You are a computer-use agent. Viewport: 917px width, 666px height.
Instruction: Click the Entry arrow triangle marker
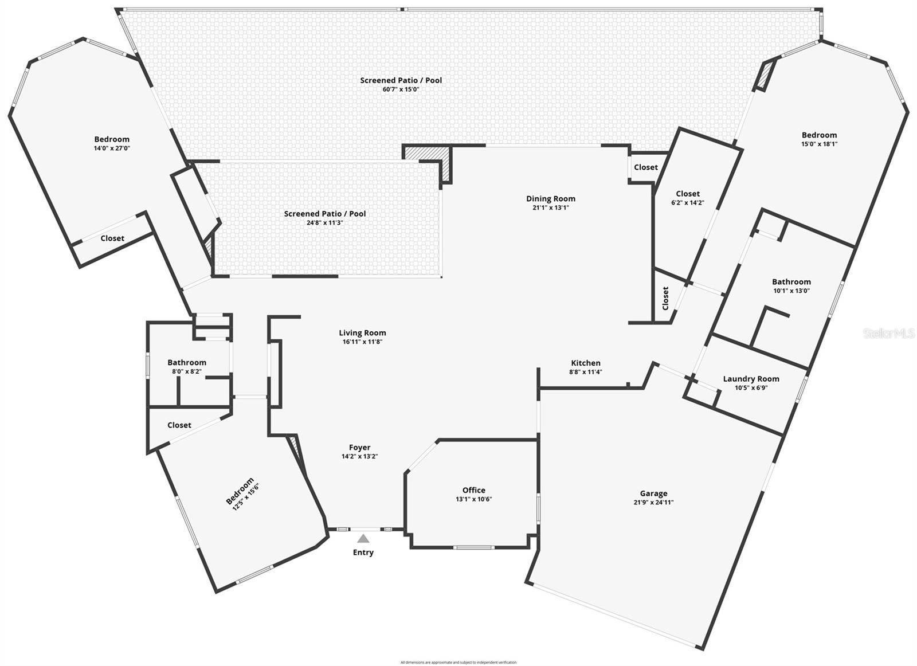tap(363, 538)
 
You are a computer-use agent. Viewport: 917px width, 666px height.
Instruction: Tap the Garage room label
tap(653, 493)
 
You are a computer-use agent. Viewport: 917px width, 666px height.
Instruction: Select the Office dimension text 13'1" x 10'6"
tap(473, 499)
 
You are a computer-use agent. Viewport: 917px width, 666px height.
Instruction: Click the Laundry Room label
tap(751, 379)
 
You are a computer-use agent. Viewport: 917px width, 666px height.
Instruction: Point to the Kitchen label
tap(586, 363)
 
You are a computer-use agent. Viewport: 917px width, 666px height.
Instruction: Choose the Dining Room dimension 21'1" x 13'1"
tap(550, 208)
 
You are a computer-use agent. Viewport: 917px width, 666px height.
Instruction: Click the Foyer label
tap(359, 448)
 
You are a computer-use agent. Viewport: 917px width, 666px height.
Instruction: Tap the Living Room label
tap(362, 332)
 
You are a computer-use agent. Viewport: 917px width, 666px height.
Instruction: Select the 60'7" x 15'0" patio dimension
tap(401, 89)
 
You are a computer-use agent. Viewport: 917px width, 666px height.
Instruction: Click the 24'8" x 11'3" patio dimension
tap(324, 223)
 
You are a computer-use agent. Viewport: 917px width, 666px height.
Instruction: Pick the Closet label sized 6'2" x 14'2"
tap(688, 194)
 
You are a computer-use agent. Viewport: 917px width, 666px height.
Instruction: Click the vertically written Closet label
tap(665, 299)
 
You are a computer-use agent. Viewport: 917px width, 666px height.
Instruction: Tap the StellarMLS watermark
tap(888, 333)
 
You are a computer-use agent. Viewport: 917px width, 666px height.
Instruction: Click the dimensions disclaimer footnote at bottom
tap(458, 662)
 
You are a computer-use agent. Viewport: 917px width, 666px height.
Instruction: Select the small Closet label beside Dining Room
tap(646, 167)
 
